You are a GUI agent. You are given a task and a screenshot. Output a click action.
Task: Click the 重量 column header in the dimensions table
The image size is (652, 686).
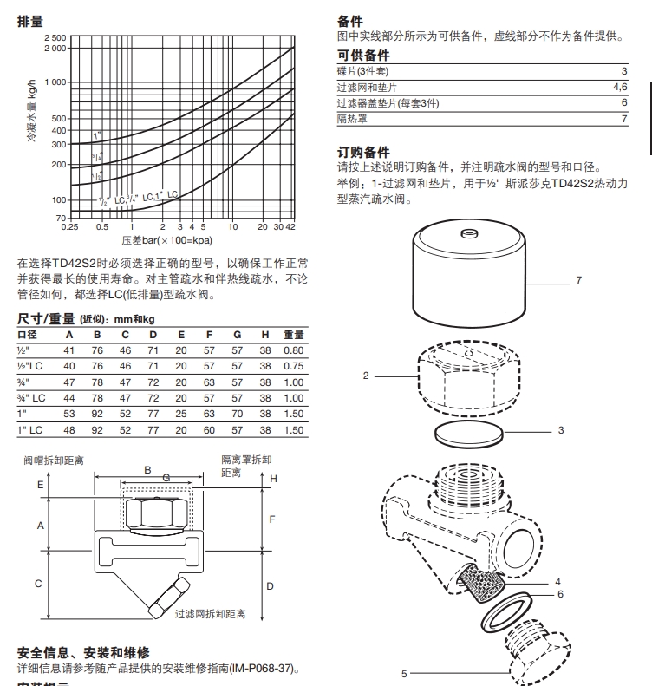pyautogui.click(x=294, y=335)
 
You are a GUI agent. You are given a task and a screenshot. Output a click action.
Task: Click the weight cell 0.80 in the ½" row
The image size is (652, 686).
pyautogui.click(x=294, y=350)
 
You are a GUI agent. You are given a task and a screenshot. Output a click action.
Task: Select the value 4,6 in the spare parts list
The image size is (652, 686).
pyautogui.click(x=619, y=87)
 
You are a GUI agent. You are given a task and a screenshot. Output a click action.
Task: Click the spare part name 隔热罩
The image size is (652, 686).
pyautogui.click(x=351, y=118)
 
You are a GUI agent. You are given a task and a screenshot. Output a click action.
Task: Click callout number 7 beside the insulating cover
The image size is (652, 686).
pyautogui.click(x=578, y=281)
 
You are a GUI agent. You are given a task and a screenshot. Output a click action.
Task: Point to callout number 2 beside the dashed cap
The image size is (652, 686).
pyautogui.click(x=366, y=376)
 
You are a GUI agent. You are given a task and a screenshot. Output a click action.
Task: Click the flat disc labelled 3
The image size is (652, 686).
pyautogui.click(x=469, y=434)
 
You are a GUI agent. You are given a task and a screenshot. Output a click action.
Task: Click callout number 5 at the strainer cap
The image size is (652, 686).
pyautogui.click(x=404, y=672)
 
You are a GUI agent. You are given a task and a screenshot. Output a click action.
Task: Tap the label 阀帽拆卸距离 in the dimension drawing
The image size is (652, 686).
pyautogui.click(x=53, y=460)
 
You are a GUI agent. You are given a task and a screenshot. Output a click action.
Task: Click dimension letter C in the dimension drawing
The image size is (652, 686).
pyautogui.click(x=38, y=584)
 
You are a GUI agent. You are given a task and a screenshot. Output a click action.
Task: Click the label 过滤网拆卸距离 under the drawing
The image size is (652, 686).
pyautogui.click(x=210, y=614)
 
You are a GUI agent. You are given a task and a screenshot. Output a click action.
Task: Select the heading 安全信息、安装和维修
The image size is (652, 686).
pyautogui.click(x=83, y=652)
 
